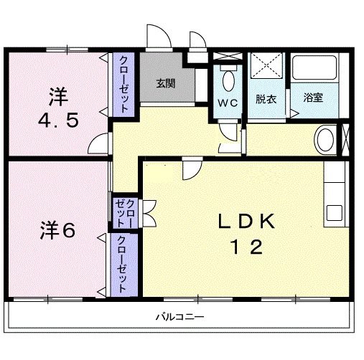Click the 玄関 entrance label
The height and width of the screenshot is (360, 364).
coord(166,83)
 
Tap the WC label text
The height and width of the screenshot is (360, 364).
coord(228,102)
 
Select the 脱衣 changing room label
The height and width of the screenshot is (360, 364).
coord(266,98)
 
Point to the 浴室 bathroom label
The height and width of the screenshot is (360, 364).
coord(312,98)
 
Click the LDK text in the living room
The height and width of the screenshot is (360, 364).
coord(246,222)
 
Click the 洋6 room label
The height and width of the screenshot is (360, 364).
coord(57,232)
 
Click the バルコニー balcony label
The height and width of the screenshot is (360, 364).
coord(180,316)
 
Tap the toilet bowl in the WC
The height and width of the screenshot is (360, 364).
coord(229,79)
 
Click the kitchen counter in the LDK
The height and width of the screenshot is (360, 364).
coord(335,194)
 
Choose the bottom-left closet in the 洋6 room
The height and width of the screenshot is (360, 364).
coord(122,263)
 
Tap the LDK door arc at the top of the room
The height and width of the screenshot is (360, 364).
coord(190,170)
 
